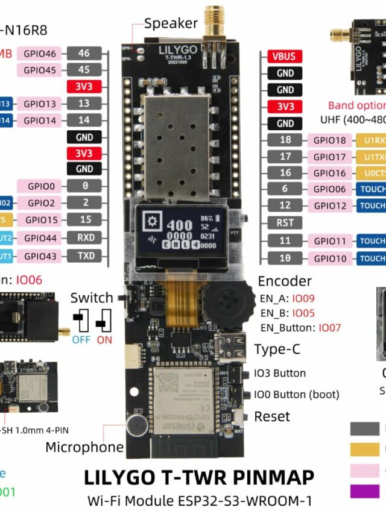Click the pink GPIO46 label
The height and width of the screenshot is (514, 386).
[40, 54]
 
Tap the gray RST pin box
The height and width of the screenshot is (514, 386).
[285, 223]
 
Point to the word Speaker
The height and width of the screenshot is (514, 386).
[171, 24]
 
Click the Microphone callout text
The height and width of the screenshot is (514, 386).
[84, 447]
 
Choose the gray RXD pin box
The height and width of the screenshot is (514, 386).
[85, 238]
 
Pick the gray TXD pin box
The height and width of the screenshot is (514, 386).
[85, 255]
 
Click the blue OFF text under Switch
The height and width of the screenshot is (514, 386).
[81, 340]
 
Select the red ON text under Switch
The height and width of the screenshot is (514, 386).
[104, 340]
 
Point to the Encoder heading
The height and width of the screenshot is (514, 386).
[285, 281]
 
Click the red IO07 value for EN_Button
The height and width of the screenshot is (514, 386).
[330, 328]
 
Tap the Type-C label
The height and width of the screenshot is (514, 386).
[277, 349]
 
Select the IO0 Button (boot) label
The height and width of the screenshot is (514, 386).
[297, 395]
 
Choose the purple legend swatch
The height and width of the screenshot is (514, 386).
[364, 491]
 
